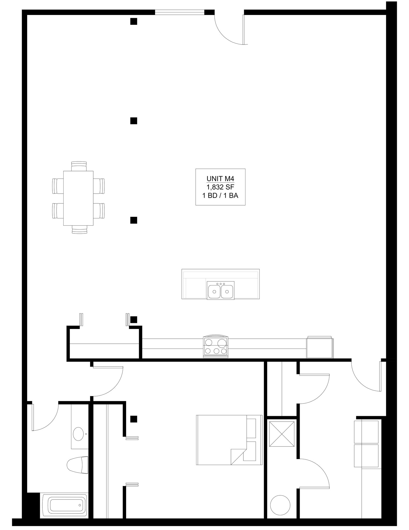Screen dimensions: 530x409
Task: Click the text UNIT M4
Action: (220, 179)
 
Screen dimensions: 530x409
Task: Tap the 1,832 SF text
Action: (220, 187)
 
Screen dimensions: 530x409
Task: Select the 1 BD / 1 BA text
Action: (220, 196)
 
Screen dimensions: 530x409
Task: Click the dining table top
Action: (78, 198)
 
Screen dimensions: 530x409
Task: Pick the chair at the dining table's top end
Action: (79, 166)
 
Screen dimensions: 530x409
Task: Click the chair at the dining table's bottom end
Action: (79, 230)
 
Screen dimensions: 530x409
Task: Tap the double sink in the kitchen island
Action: (220, 291)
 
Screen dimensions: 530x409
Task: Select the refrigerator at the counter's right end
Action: (320, 348)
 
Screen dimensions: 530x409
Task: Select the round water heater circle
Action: (280, 505)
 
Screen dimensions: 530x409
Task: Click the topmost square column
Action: (134, 21)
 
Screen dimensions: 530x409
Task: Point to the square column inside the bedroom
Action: (134, 419)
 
